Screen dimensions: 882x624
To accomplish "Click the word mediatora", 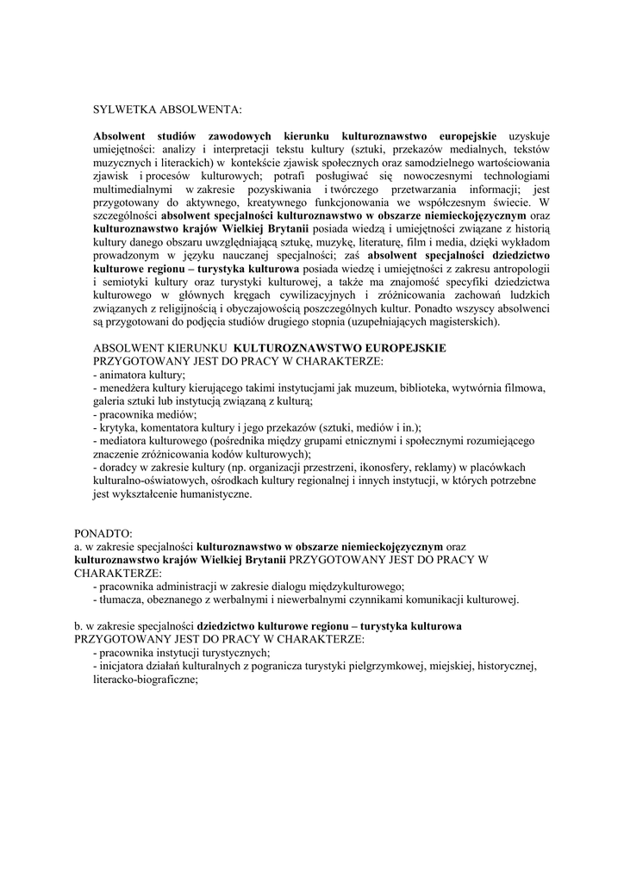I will coord(124,440).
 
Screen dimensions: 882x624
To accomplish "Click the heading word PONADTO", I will coord(103,533).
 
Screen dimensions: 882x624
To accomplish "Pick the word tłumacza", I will coord(123,599).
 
